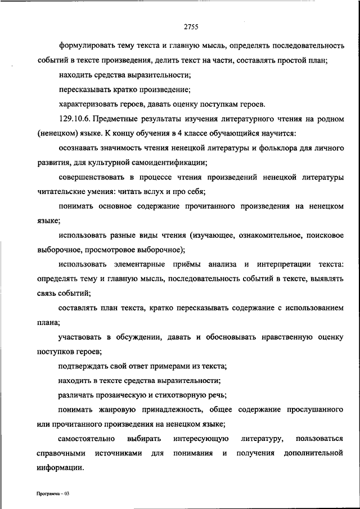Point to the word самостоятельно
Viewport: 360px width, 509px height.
pos(87,438)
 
